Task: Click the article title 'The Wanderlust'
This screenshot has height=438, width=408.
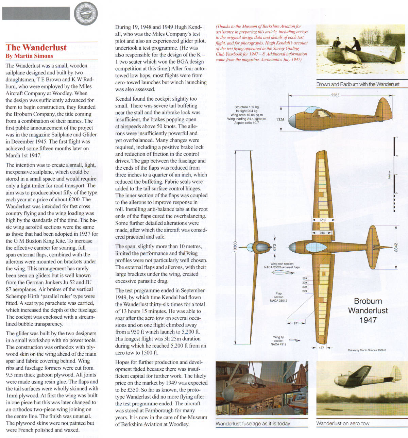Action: (36, 48)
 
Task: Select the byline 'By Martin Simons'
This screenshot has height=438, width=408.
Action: (29, 56)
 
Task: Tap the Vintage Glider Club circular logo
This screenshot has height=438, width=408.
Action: (86, 13)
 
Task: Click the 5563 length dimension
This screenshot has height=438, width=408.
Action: (335, 95)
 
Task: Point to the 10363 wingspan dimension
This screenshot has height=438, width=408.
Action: (235, 247)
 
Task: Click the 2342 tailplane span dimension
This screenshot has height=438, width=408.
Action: (396, 247)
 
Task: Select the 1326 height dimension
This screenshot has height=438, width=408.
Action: (280, 120)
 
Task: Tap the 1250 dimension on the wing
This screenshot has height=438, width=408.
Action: (323, 220)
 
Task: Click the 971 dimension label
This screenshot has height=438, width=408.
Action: (296, 323)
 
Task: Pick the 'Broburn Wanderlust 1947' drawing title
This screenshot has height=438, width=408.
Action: (368, 310)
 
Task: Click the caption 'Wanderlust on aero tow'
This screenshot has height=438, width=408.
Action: (343, 423)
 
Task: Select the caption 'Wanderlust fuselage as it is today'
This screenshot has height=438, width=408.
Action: (253, 424)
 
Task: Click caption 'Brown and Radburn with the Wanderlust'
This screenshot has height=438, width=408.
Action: (358, 84)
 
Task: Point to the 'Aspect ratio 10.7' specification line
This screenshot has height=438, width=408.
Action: (247, 123)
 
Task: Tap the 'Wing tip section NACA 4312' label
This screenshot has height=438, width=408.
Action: (278, 341)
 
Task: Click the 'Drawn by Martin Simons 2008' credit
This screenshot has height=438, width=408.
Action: (367, 350)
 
